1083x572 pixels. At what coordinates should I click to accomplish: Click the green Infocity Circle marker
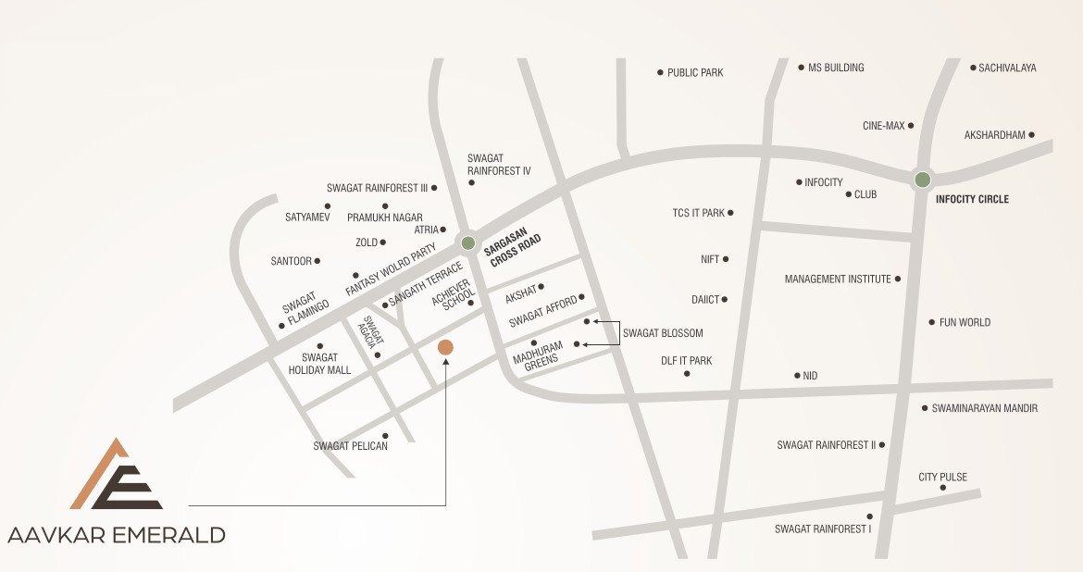(x=922, y=180)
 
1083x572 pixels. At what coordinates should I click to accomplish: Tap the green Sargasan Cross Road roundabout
(x=468, y=243)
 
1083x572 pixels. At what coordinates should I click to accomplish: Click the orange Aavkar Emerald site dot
(x=445, y=347)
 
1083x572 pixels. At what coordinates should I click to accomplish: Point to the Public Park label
(x=695, y=72)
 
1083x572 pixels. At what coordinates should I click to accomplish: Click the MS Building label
(x=836, y=68)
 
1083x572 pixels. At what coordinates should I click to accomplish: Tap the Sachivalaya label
(x=1007, y=68)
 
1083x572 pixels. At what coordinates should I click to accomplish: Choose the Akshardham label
(x=994, y=135)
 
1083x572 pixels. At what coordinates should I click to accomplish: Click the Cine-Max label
(x=883, y=126)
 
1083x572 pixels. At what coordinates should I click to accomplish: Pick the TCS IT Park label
(x=698, y=213)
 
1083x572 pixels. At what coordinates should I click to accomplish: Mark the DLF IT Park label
(x=686, y=361)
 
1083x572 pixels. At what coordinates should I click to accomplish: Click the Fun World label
(x=965, y=322)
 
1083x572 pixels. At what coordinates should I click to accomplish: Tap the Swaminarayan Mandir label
(x=984, y=408)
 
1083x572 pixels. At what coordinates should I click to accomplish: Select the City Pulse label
(x=942, y=478)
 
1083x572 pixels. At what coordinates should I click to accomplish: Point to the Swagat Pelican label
(x=350, y=446)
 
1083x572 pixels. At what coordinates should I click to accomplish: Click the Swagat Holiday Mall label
(x=319, y=364)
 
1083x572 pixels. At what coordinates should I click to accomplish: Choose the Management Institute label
(x=838, y=279)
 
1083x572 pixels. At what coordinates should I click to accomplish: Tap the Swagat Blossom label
(x=663, y=333)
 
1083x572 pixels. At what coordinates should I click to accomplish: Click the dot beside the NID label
(x=797, y=376)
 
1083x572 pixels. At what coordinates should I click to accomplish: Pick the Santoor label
(x=291, y=261)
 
